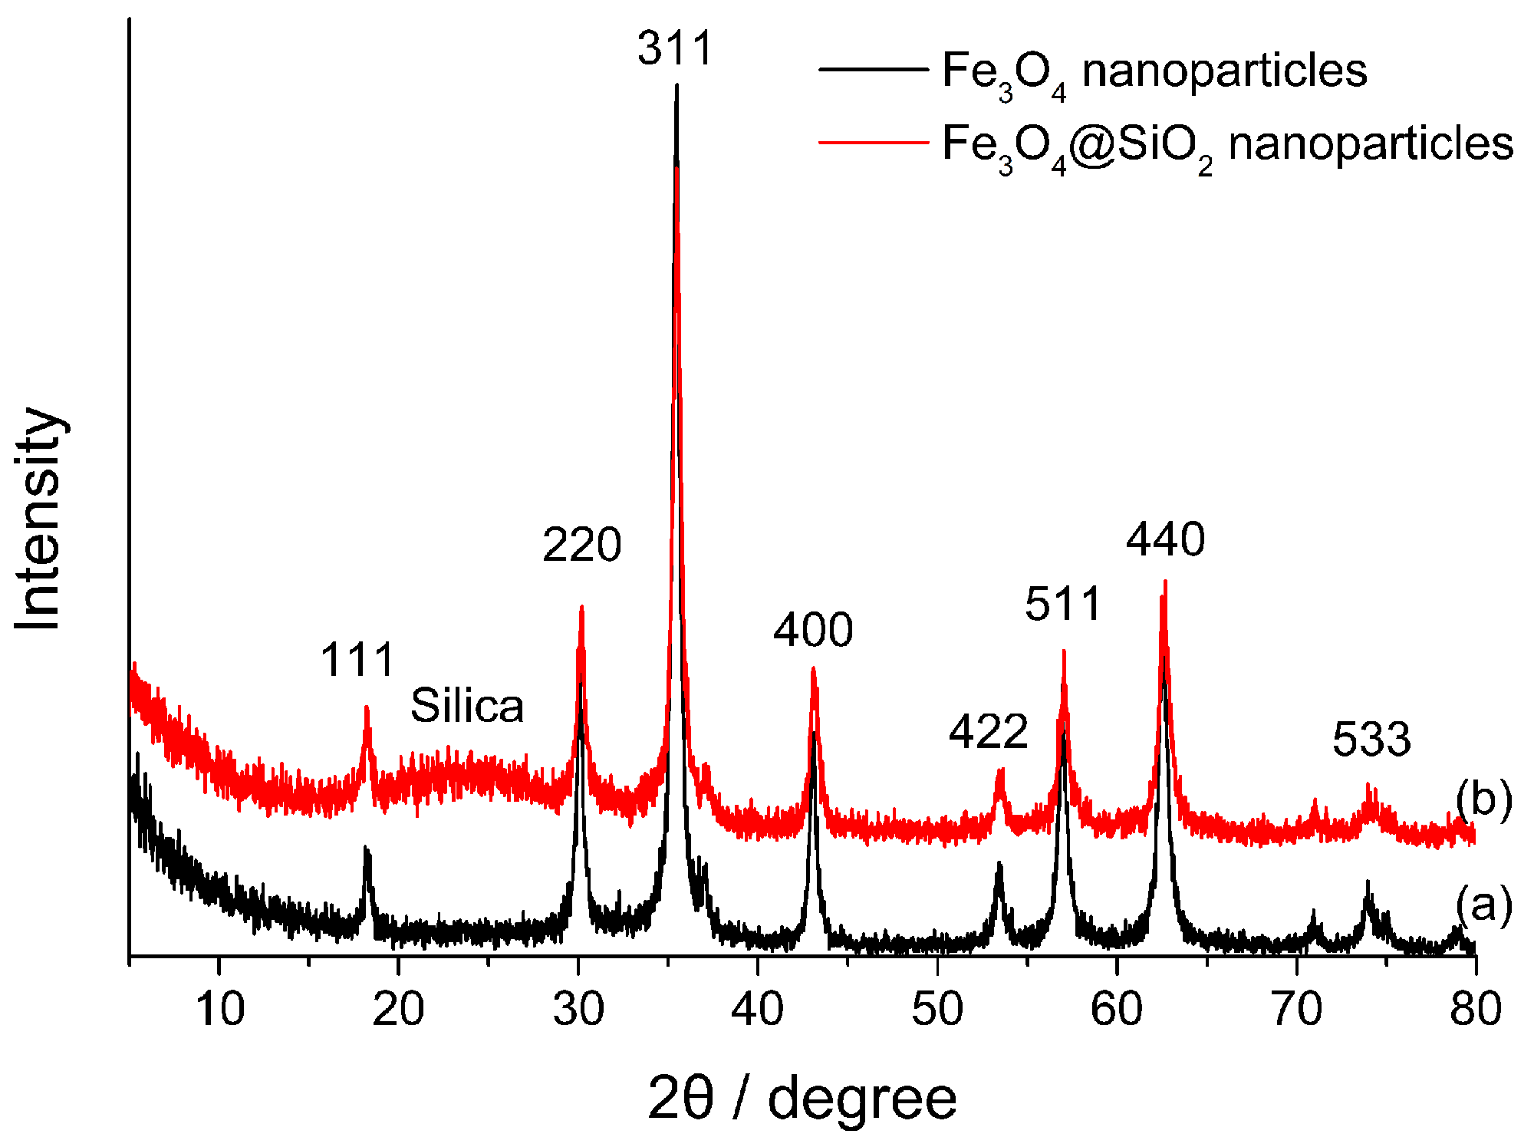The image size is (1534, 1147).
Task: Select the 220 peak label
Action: pos(581,545)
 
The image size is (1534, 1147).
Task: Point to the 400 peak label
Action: pos(812,631)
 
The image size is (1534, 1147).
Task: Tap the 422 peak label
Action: pos(988,732)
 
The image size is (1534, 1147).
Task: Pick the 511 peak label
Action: pos(1063,604)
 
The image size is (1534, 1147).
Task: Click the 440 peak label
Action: pos(1165,539)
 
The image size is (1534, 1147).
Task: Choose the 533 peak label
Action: pos(1371,740)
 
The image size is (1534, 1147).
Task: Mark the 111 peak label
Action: pos(357,660)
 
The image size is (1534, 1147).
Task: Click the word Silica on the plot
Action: pos(467,706)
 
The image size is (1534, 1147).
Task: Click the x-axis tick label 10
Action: pos(220,1008)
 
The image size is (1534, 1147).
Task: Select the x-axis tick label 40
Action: pos(758,1008)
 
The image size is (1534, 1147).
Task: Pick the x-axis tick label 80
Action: pos(1475,1008)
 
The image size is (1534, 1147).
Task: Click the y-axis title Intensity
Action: pos(38,519)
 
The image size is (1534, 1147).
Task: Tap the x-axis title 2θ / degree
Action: pos(802,1099)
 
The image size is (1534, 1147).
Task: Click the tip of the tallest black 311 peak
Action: pos(676,85)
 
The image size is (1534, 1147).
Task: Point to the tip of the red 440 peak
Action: pos(1165,582)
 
